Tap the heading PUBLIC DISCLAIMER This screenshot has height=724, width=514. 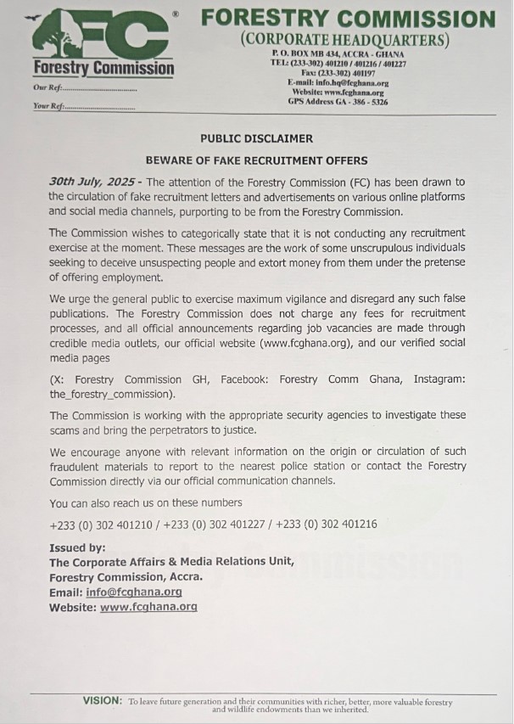point(256,138)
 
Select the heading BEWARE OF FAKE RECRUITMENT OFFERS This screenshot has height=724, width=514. point(256,160)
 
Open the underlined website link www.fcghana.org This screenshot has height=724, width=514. point(148,608)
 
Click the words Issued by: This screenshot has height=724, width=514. point(77,548)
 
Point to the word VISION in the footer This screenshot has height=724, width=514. point(102,700)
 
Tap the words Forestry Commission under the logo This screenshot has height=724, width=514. point(103,68)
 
